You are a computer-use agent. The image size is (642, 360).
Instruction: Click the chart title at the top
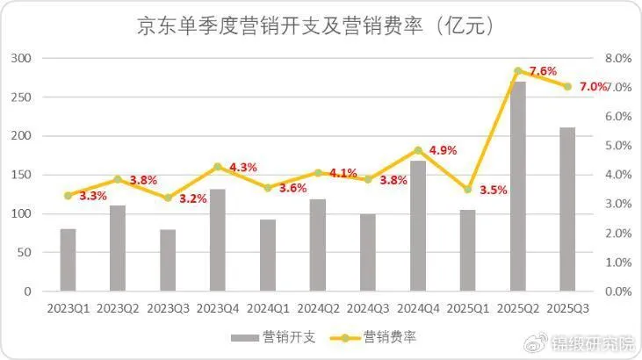tap(321, 26)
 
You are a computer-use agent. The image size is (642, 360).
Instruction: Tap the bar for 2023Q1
tap(68, 260)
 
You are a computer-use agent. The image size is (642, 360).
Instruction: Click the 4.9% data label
tap(444, 150)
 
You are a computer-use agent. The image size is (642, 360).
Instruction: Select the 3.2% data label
tap(192, 198)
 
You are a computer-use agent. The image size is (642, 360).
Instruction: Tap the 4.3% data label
tap(242, 167)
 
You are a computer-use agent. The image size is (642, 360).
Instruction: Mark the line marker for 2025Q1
tap(468, 190)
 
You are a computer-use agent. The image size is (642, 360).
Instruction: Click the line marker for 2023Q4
tap(218, 166)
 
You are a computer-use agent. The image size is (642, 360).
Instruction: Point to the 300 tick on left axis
tap(22, 58)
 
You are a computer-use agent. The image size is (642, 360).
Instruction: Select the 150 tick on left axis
tap(22, 175)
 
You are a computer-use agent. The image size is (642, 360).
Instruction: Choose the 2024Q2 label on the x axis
tap(318, 309)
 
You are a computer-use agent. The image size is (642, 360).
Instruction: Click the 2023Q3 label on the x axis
tap(168, 309)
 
